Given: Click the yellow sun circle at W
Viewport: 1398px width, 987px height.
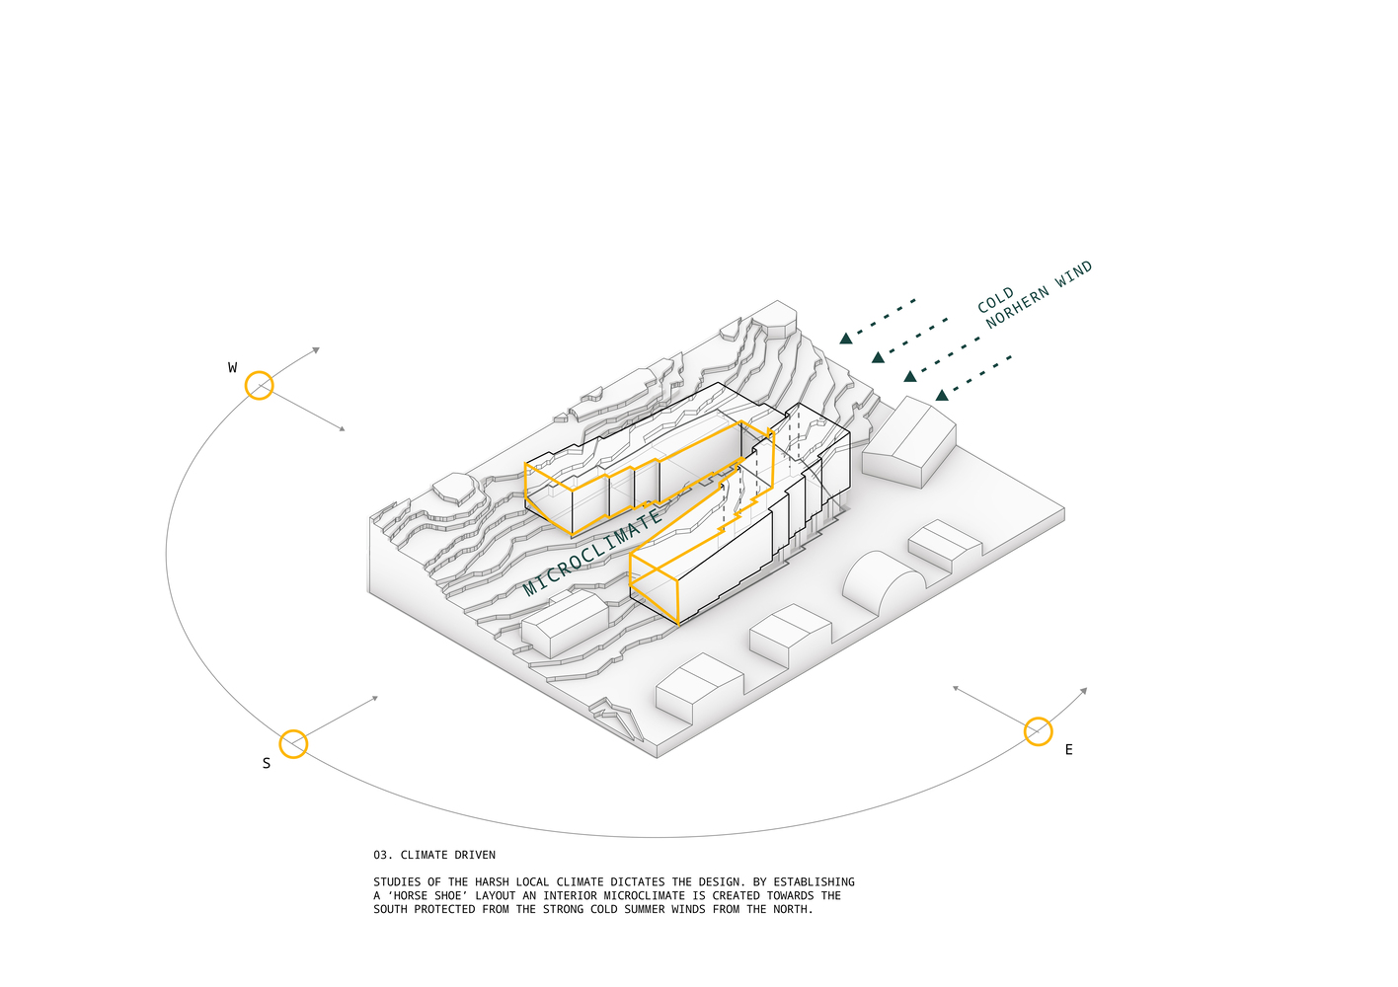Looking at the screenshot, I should point(259,385).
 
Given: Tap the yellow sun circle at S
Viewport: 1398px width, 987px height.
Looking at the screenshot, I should point(293,744).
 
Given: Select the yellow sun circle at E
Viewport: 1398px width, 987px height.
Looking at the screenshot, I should point(1038,731).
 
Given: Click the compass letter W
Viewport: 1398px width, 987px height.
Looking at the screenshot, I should point(232,368).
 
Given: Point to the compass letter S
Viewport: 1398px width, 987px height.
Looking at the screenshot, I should point(266,763).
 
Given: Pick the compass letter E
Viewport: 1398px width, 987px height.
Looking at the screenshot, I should point(1068,750).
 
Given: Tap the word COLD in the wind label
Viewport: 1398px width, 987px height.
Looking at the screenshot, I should point(995,300).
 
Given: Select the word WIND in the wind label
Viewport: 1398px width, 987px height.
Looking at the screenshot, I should point(1073,274).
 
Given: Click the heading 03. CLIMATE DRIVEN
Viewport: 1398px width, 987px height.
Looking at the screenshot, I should point(434,855).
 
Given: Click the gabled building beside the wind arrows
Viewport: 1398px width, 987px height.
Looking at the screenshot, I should point(909,440).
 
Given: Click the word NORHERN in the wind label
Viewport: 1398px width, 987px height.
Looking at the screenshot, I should point(1017,308).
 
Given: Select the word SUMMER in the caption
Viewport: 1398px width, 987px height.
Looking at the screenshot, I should point(648,910).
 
